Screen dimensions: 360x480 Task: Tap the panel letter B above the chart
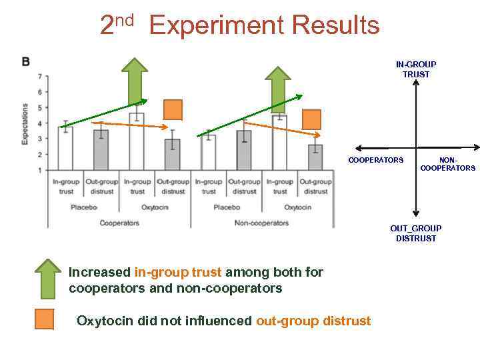(25, 62)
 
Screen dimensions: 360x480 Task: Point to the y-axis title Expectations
(25, 123)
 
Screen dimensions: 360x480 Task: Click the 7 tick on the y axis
(39, 76)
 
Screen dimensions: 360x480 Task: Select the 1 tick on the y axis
(39, 170)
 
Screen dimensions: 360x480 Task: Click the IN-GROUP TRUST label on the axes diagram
(416, 69)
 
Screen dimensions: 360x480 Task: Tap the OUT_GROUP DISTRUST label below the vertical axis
(416, 233)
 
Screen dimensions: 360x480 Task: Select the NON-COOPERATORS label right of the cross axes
(447, 164)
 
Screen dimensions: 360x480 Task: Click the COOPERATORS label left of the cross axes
(375, 160)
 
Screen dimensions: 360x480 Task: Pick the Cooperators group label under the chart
(119, 223)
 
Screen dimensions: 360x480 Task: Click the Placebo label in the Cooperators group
(84, 207)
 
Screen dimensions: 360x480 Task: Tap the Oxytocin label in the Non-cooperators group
(297, 207)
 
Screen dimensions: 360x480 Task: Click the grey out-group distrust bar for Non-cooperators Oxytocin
(315, 157)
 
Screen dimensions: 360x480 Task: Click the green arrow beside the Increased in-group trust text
(47, 279)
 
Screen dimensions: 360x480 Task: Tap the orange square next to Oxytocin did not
(45, 320)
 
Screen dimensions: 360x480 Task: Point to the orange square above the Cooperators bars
(173, 109)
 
